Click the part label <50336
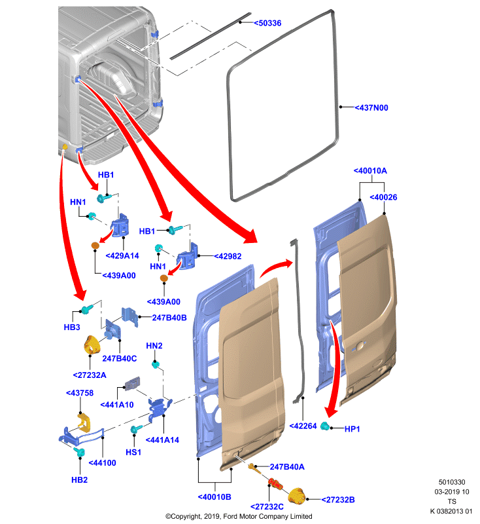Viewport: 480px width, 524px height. tap(267, 23)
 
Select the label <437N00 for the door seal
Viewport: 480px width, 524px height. tap(371, 107)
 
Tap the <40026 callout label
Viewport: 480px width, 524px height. tap(383, 197)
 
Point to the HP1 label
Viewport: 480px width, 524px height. tap(352, 429)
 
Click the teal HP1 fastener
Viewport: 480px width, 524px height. tap(325, 426)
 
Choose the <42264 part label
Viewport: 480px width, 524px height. tap(303, 426)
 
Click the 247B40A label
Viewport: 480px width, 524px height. tap(287, 467)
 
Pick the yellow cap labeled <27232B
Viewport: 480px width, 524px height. tap(296, 496)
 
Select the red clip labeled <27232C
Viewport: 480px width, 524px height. tap(275, 483)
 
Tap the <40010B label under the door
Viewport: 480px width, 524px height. tap(214, 497)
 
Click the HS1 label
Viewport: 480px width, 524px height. tap(133, 452)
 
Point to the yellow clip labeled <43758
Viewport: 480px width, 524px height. tap(84, 422)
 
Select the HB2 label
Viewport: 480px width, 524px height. tap(79, 480)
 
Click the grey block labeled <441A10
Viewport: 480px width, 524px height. tap(132, 384)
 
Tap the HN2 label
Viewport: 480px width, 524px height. tap(154, 346)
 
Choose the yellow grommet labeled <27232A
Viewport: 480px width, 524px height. tap(92, 345)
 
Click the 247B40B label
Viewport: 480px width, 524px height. tap(169, 318)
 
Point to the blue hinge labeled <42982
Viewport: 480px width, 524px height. tap(187, 257)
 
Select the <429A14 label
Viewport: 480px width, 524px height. tap(122, 255)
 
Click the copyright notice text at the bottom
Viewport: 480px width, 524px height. tap(239, 516)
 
